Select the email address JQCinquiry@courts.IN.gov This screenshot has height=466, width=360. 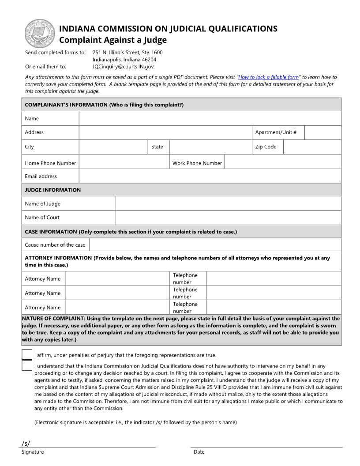123,67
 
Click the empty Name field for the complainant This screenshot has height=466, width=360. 210,118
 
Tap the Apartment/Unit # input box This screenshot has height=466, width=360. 322,132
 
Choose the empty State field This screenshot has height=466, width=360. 210,147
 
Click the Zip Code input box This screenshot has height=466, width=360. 312,147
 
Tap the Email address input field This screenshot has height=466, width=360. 210,176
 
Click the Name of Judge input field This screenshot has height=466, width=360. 228,203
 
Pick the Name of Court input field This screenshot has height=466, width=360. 228,218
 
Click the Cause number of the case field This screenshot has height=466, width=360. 215,245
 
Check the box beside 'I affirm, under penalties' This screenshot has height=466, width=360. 27,355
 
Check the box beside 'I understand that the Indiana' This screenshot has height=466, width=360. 27,366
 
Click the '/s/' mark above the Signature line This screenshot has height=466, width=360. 26,443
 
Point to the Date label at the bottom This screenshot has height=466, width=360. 199,452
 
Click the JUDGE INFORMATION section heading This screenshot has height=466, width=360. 53,190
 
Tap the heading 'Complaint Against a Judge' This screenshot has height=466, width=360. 113,40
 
